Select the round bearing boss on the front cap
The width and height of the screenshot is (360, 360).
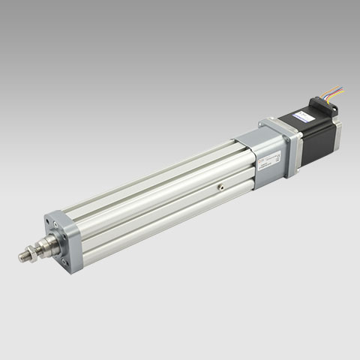pos(57,240)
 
